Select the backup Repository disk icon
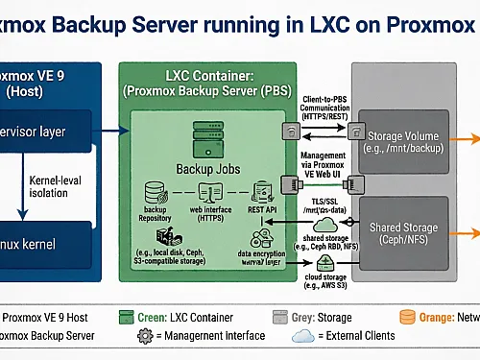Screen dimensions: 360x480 [x=155, y=193]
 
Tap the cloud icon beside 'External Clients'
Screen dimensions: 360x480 [x=301, y=337]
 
